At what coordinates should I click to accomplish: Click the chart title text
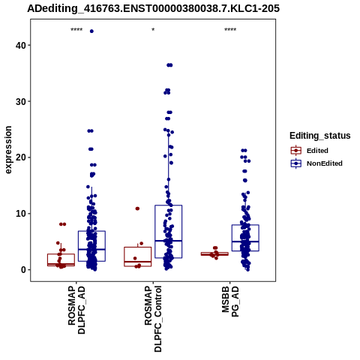click(x=153, y=8)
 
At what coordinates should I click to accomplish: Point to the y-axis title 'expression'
click(x=8, y=150)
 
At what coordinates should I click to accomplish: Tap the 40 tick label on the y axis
click(x=21, y=45)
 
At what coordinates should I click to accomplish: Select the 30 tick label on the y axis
click(x=21, y=101)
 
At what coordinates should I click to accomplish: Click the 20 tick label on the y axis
click(x=21, y=157)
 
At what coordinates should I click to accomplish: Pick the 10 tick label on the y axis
click(x=21, y=214)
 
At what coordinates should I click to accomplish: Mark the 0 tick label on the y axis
click(x=23, y=270)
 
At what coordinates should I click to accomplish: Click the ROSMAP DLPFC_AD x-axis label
click(x=76, y=310)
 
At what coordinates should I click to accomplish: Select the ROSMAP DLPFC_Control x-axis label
click(x=153, y=319)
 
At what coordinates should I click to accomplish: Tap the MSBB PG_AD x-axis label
click(x=230, y=301)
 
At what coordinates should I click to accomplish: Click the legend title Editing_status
click(x=320, y=136)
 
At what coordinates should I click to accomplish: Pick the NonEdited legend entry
click(x=316, y=163)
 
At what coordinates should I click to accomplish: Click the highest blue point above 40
click(x=91, y=31)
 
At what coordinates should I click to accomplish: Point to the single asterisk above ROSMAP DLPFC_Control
click(x=153, y=30)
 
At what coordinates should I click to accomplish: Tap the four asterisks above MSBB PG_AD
click(x=230, y=30)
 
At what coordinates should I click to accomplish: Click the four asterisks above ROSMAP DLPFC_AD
click(x=76, y=30)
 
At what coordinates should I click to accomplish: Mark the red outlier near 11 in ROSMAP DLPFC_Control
click(x=137, y=208)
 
